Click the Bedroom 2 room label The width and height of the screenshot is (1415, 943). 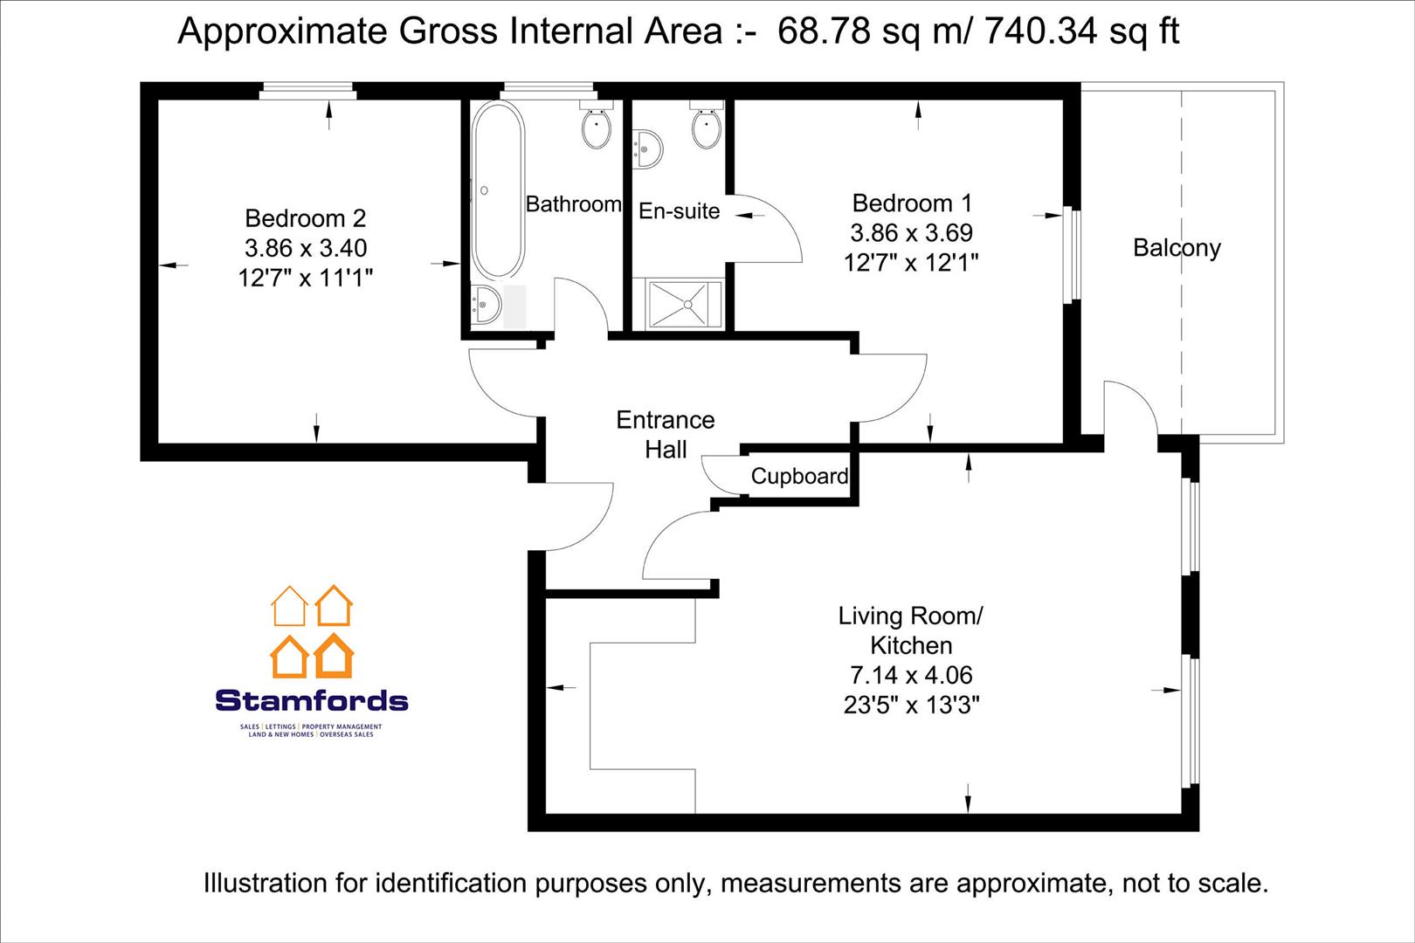tap(305, 218)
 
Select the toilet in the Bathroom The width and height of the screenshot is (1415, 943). tap(597, 128)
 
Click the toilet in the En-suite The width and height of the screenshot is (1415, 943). tap(705, 127)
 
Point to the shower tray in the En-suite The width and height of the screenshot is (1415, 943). tap(686, 305)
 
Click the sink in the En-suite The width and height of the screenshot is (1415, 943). tap(647, 148)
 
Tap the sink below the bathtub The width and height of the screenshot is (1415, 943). tap(485, 305)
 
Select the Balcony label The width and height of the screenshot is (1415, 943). tap(1177, 248)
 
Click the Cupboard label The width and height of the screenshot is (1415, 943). tap(799, 477)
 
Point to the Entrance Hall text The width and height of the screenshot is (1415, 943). tap(666, 435)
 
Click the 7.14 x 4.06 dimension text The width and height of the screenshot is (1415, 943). tap(911, 675)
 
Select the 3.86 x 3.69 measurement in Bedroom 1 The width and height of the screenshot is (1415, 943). tap(911, 233)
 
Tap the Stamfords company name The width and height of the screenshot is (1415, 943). tap(311, 700)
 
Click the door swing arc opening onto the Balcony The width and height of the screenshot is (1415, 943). tap(1135, 402)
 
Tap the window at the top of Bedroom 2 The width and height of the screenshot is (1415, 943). tap(308, 91)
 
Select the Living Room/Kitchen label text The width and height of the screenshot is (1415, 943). tap(911, 630)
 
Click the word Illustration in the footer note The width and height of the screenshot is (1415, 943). tap(265, 883)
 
